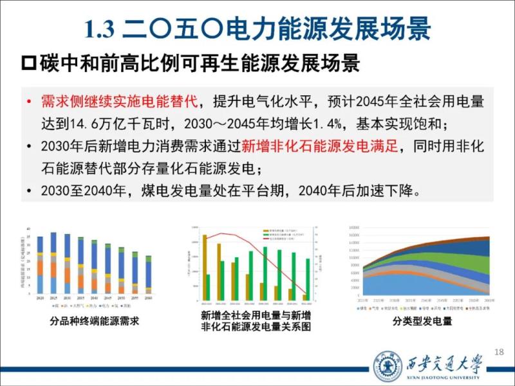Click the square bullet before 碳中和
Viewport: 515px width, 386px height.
(28, 64)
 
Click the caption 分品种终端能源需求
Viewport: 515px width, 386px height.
(94, 321)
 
